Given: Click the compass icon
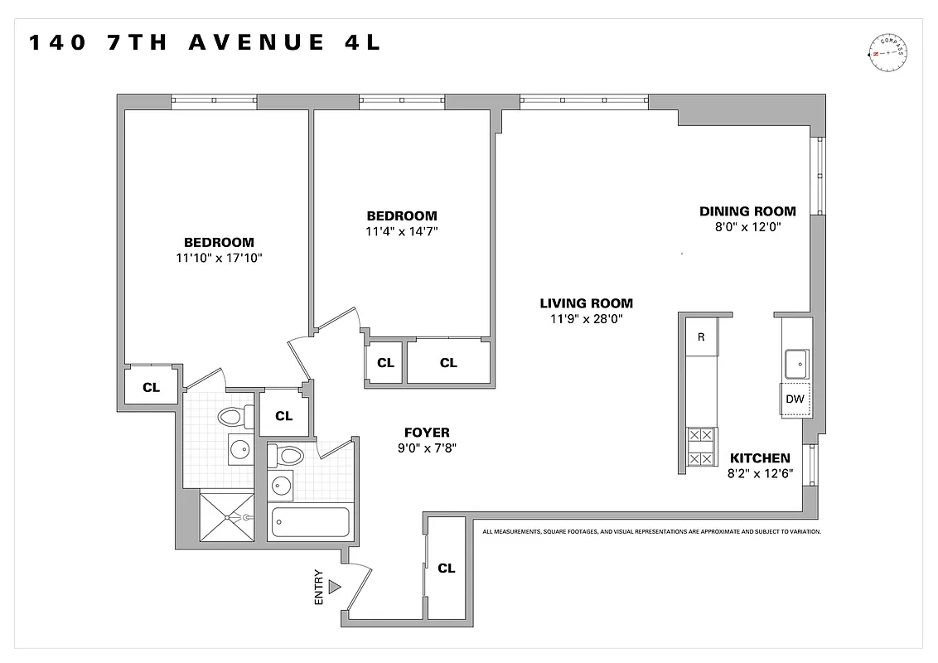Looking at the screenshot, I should pos(887,54).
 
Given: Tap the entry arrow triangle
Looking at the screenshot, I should pos(335,587).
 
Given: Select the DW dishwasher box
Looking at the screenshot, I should pos(795,399).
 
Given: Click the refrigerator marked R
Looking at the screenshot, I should pos(701,337).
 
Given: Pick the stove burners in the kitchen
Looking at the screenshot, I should pos(701,447).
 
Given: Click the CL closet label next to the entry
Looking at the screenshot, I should pos(447,569).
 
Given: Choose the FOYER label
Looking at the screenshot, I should pos(427,433).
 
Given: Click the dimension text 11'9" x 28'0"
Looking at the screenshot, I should pos(586,319).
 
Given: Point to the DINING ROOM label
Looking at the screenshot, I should pos(747,211).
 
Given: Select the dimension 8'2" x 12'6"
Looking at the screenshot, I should pos(759,473).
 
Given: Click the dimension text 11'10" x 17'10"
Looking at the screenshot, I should pos(219,258).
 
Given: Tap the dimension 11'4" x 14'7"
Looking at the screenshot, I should pos(402,231).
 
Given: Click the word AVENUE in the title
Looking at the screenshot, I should pos(256,43).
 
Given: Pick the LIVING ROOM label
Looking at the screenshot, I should pos(586,303).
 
